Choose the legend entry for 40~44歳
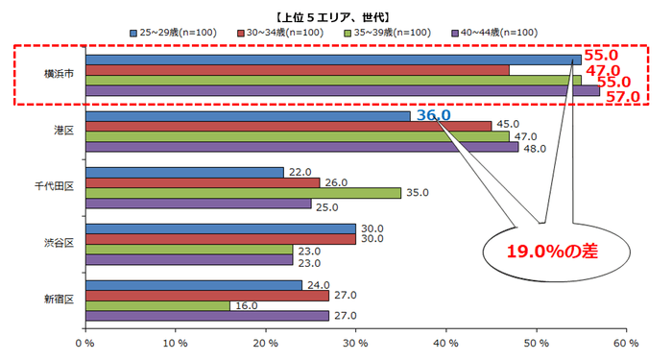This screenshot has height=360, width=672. pos(493,34)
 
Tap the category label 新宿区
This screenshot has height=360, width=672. pos(57,300)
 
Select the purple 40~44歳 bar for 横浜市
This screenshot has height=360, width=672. pos(341,92)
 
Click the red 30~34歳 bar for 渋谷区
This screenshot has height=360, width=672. pos(220,238)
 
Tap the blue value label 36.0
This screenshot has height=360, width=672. pos(433,115)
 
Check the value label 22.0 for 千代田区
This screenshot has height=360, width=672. pos(300,171)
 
